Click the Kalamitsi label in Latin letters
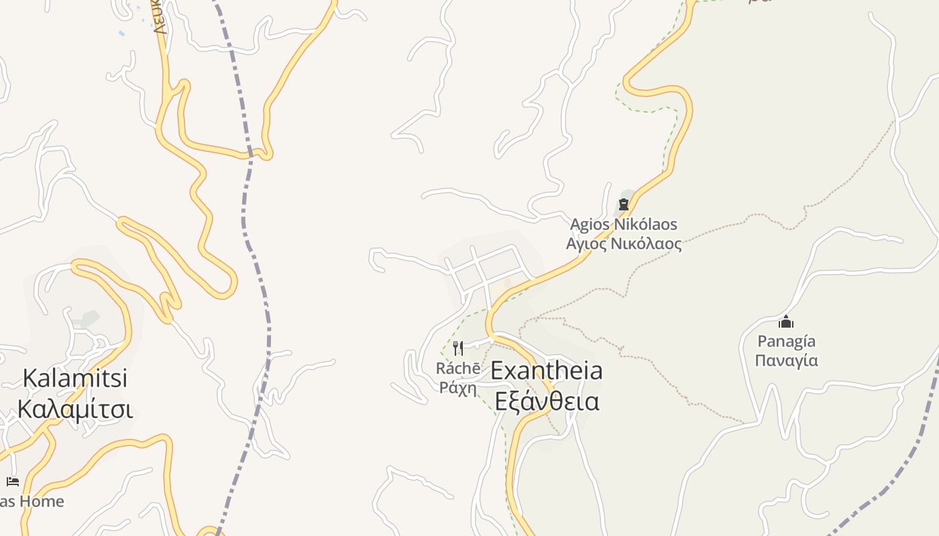[74, 379]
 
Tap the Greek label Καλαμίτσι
[74, 409]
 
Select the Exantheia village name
[547, 371]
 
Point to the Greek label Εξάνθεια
[547, 401]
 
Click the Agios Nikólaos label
[624, 224]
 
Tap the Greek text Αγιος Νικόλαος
[624, 244]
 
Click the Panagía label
[786, 342]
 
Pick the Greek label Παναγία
[786, 360]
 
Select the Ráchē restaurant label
[458, 368]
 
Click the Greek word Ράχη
[458, 387]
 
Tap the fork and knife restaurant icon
[458, 348]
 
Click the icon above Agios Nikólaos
[624, 204]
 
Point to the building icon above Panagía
[786, 323]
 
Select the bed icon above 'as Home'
[12, 481]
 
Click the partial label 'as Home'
[32, 501]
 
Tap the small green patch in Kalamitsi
[87, 319]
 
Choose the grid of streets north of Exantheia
[486, 271]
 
